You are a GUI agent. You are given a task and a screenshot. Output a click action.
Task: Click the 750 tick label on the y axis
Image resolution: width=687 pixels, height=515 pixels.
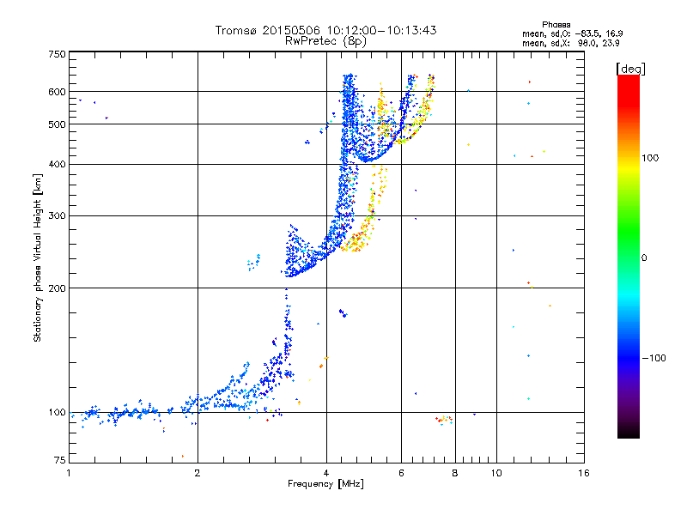57,53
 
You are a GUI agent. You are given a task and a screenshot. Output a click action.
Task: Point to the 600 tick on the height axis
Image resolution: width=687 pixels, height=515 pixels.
57,91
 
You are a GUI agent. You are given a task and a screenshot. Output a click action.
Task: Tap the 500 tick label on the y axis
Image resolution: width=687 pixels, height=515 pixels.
57,124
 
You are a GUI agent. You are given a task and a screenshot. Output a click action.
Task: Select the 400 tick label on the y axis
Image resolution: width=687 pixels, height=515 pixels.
57,164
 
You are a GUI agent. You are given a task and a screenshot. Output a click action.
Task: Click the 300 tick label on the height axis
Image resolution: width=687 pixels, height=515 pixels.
57,215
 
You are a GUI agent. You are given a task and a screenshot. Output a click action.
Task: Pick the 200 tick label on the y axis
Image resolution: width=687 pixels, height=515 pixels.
57,288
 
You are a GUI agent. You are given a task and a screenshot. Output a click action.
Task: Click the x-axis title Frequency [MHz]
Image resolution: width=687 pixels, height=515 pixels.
326,485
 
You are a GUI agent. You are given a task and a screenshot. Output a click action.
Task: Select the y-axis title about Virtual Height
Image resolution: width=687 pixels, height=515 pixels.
38,257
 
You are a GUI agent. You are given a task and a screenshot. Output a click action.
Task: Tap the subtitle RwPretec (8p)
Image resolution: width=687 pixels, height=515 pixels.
326,40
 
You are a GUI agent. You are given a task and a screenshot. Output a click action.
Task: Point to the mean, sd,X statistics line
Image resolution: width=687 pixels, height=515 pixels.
570,42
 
